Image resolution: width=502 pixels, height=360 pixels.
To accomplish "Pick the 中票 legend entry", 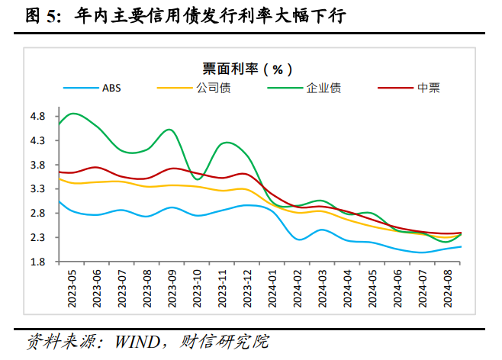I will [427, 87].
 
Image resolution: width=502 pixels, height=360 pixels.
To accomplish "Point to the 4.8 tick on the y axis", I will [39, 117].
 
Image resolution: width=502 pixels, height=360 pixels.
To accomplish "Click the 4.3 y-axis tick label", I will [39, 141].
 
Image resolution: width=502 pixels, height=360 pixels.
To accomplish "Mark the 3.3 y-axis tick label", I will [39, 189].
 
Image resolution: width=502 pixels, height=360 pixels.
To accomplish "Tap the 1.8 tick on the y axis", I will [39, 262].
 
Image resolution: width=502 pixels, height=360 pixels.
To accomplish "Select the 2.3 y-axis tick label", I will [39, 237].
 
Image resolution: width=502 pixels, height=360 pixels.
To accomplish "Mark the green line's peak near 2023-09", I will [169, 130].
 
